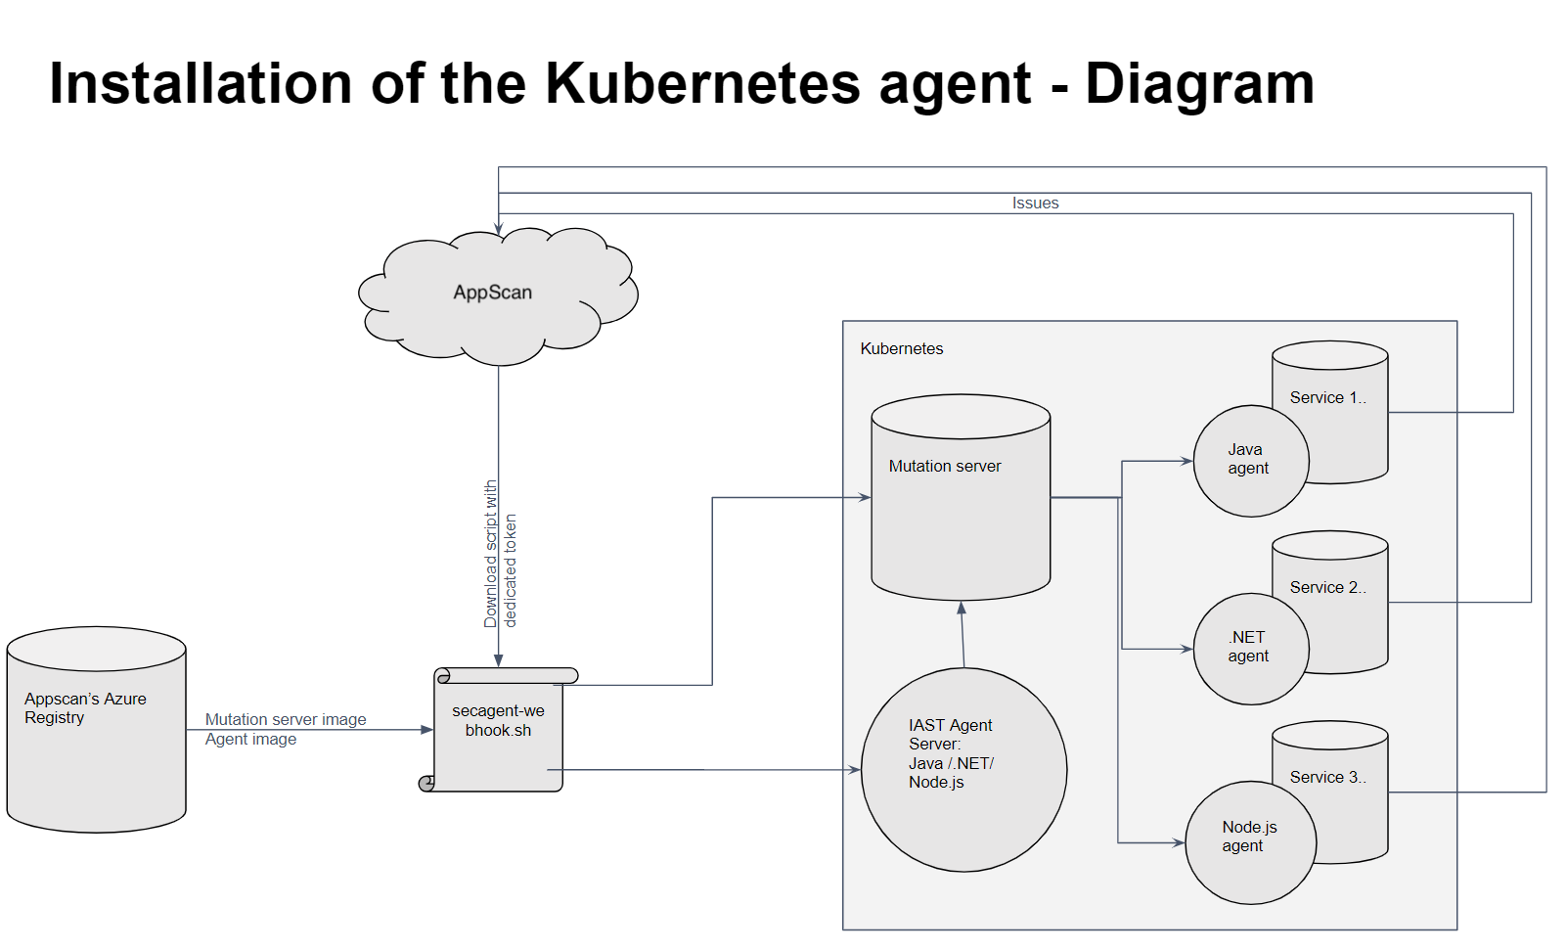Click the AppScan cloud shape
click(497, 294)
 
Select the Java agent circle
click(1249, 460)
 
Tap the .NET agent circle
click(1249, 648)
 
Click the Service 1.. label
click(1327, 398)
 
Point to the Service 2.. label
click(1327, 588)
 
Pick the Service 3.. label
click(1327, 778)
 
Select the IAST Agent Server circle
click(963, 769)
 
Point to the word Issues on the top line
click(1035, 204)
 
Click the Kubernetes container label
click(901, 349)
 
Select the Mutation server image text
click(286, 720)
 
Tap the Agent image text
click(250, 740)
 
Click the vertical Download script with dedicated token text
click(500, 555)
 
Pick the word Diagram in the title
click(1199, 84)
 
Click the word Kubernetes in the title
click(702, 84)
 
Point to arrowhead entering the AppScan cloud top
click(499, 230)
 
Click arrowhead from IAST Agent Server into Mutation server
click(962, 608)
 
